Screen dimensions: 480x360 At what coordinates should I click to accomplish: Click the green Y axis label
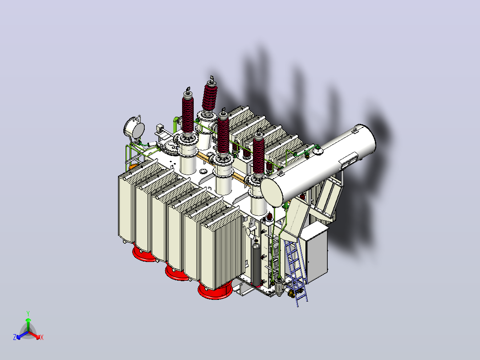(x=28, y=313)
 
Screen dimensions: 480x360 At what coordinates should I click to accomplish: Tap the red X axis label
(x=42, y=337)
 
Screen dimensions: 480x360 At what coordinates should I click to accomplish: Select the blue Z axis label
(x=15, y=337)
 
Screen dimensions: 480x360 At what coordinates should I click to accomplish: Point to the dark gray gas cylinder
(x=256, y=263)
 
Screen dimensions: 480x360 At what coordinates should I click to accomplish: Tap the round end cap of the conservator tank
(x=272, y=192)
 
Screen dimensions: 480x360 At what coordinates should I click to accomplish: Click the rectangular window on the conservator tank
(x=348, y=161)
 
